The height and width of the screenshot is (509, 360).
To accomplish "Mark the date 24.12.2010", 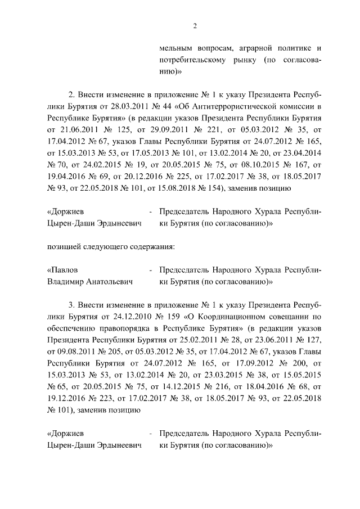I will (x=129, y=317).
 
